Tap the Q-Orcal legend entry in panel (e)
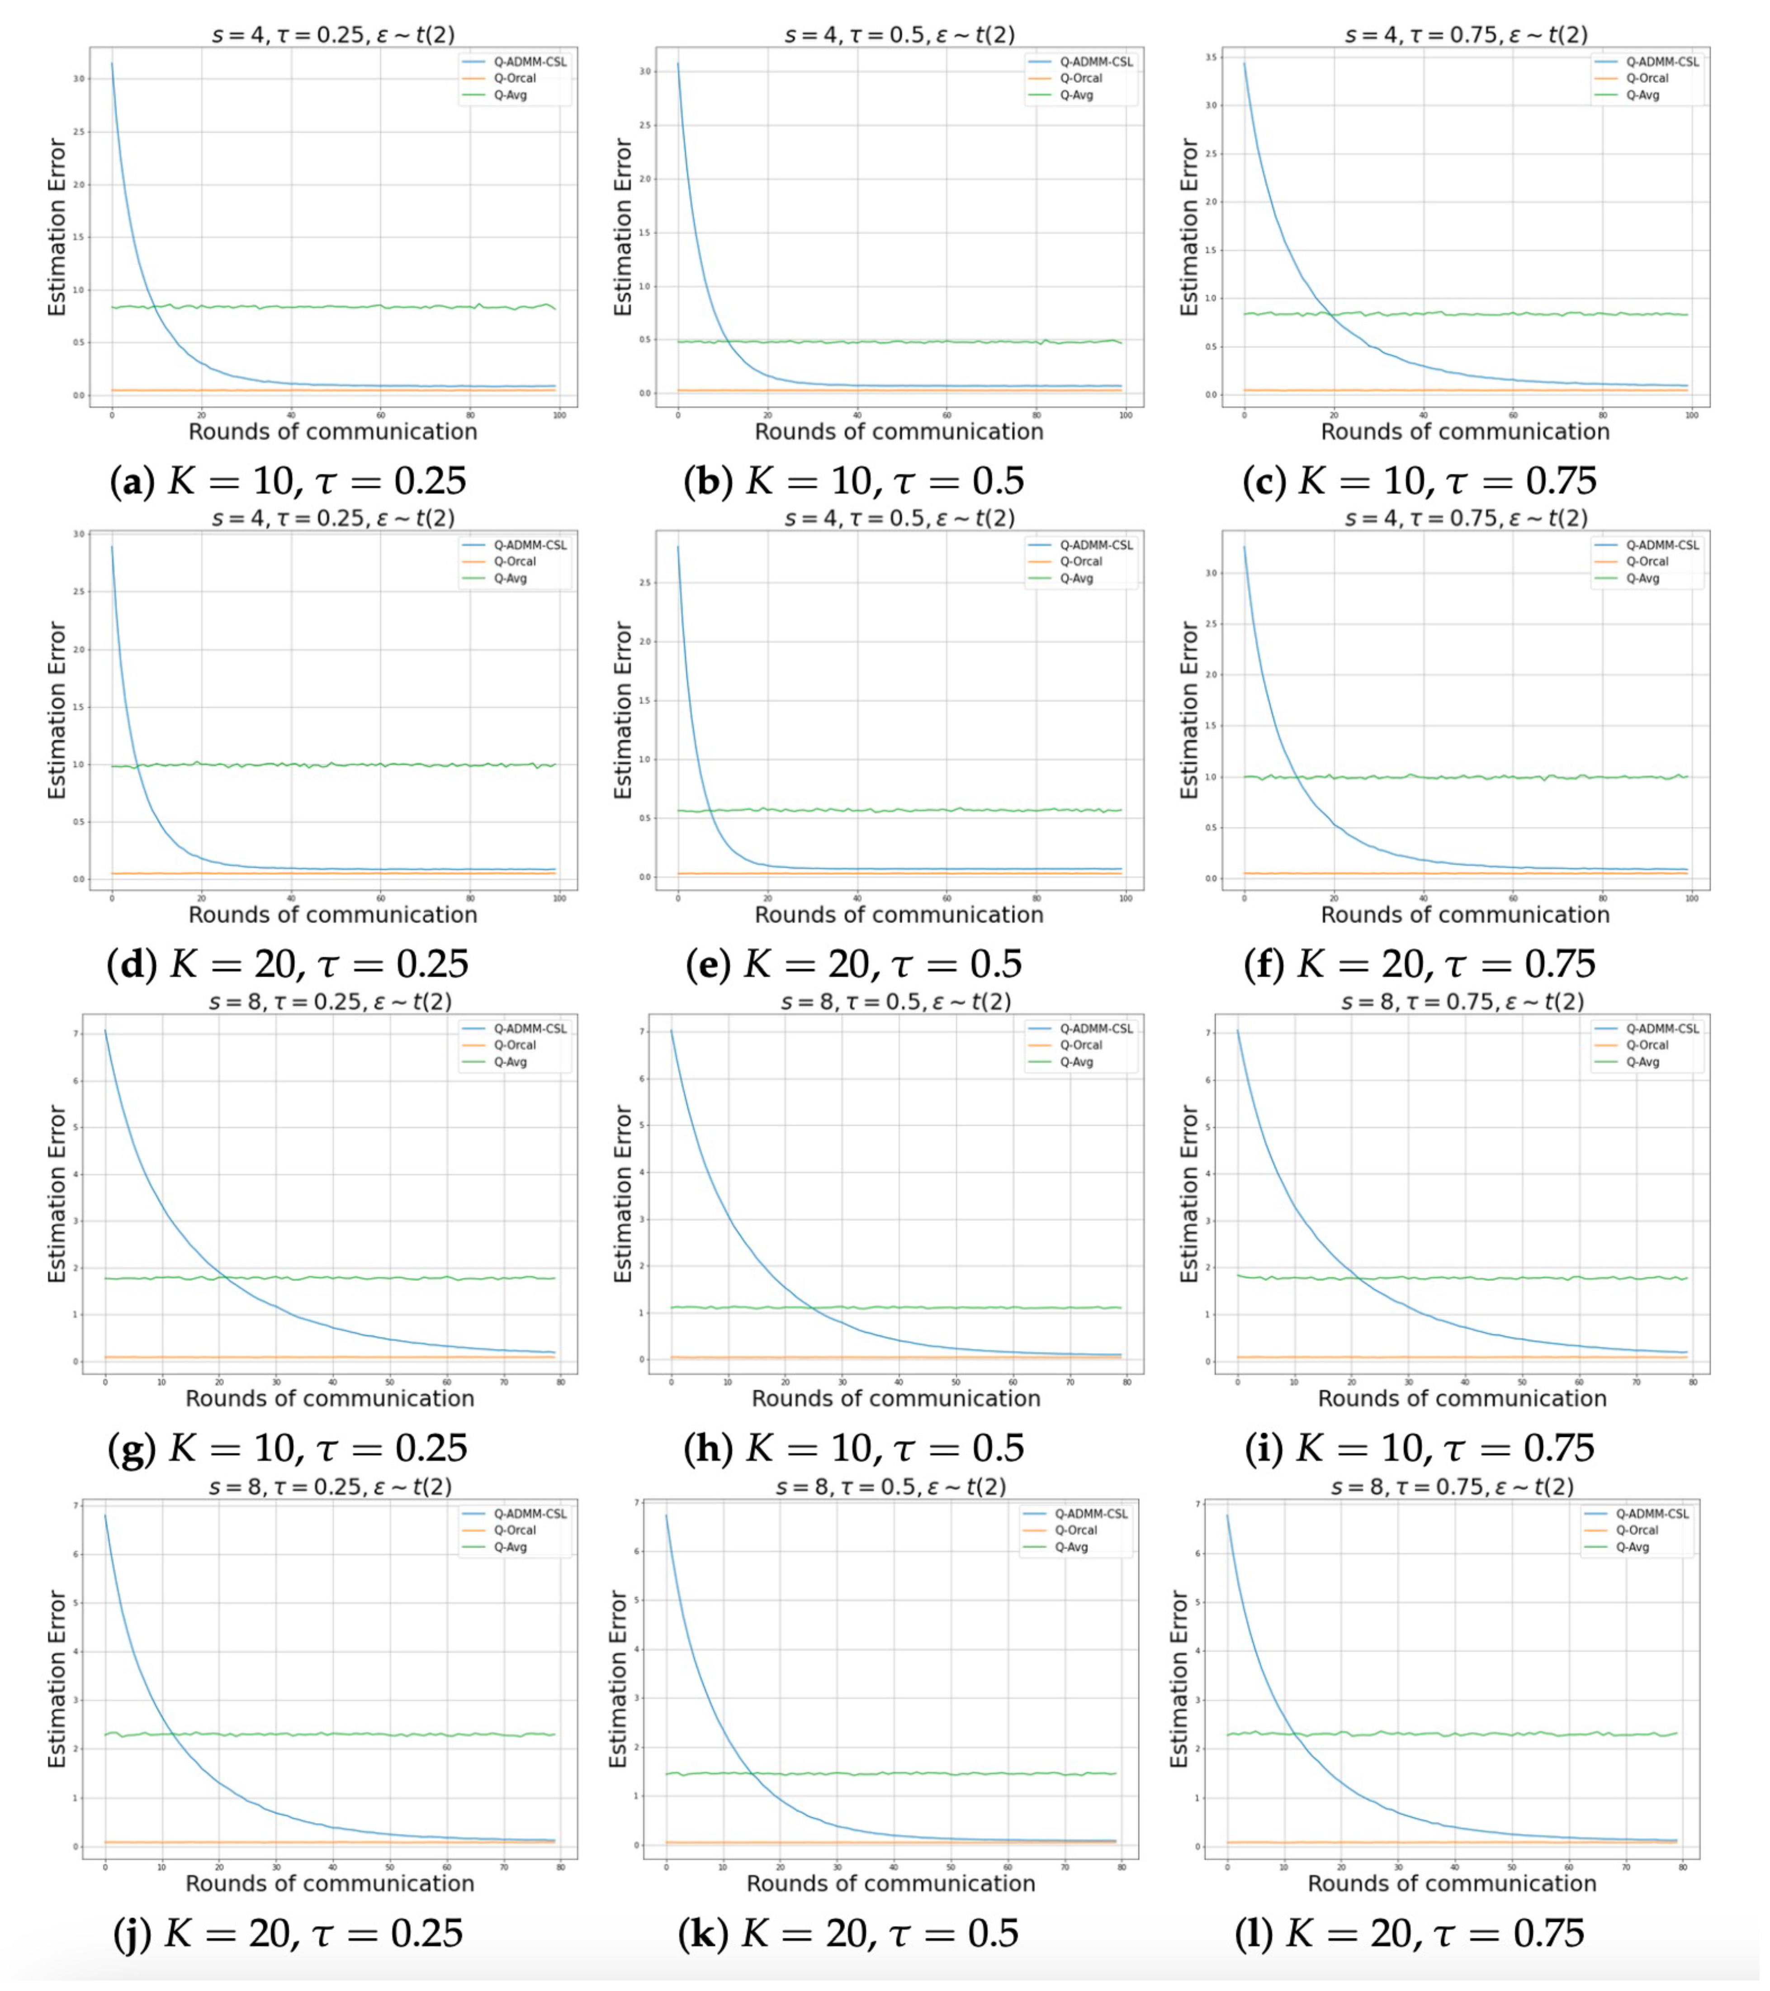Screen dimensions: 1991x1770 click(x=1081, y=562)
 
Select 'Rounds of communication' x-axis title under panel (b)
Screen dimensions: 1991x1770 click(x=899, y=432)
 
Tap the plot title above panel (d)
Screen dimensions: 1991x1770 click(x=333, y=518)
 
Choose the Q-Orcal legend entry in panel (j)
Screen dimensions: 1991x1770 click(x=514, y=1530)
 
